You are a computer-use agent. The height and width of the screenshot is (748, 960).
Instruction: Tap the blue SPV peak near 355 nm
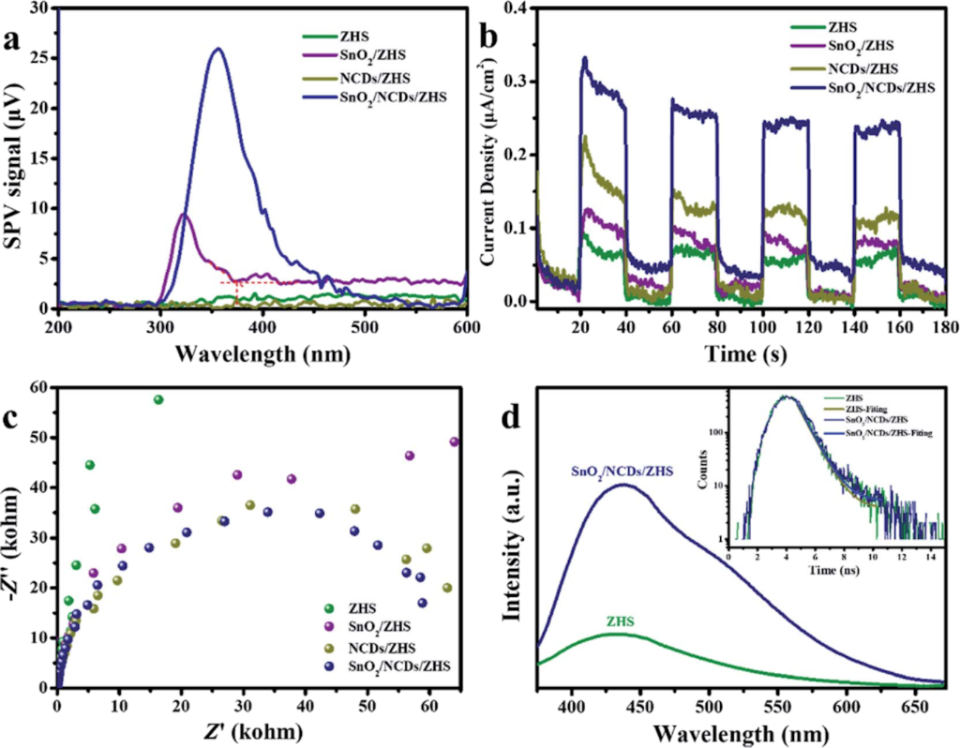click(x=217, y=49)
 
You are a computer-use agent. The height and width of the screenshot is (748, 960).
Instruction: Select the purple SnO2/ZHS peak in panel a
click(x=184, y=216)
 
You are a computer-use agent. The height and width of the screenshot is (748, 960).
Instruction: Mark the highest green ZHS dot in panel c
click(x=158, y=399)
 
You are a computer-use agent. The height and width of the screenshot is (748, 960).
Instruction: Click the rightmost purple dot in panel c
click(x=455, y=441)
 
